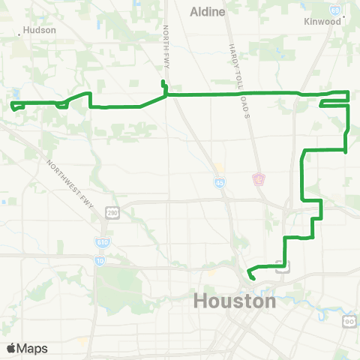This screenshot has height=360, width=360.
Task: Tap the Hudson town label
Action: pos(40,31)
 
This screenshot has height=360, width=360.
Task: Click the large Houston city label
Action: pos(235,301)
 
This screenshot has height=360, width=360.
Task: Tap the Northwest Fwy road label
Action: pos(73,184)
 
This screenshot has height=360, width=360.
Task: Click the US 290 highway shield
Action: pos(111,213)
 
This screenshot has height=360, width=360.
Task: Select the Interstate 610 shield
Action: pos(102,242)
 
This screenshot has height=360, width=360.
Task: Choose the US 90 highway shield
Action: pos(349,321)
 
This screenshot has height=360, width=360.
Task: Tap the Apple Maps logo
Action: pos(28,349)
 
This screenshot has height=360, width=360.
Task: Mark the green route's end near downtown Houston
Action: pos(252,278)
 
